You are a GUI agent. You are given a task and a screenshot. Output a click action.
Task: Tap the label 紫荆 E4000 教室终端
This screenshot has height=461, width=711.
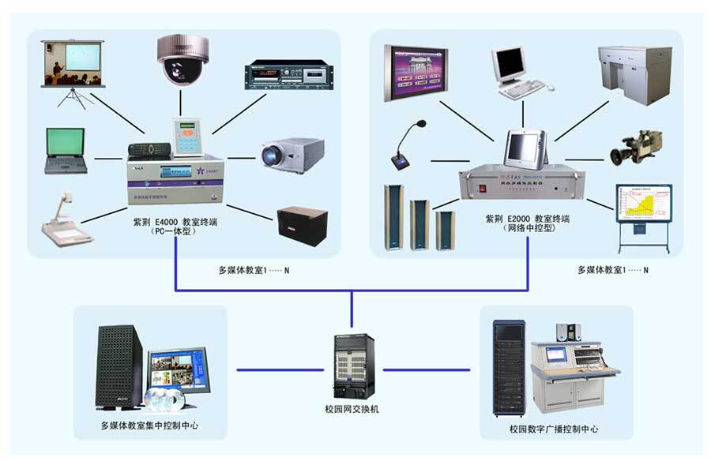point(175,222)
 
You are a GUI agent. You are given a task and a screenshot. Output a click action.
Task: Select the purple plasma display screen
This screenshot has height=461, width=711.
point(416,72)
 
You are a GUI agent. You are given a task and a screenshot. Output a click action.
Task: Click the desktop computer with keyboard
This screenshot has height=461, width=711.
point(513,71)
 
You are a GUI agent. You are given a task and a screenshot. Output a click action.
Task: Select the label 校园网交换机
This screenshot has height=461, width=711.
point(353,410)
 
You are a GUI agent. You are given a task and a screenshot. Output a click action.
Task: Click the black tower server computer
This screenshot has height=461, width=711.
point(119,366)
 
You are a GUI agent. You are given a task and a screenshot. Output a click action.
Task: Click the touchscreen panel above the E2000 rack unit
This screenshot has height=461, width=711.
point(523,149)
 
